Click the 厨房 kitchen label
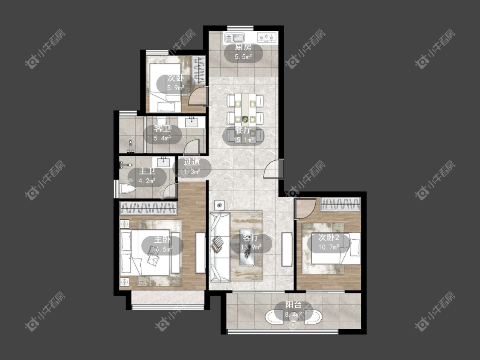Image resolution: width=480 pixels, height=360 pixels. tap(243, 47)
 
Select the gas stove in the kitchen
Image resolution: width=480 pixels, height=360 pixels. tap(267, 38)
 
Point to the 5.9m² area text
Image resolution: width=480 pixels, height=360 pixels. tap(175, 88)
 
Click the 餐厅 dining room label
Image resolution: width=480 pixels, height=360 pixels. tap(243, 130)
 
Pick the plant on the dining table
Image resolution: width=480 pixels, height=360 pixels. tap(245, 119)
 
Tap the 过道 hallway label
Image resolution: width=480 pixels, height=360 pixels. tap(192, 162)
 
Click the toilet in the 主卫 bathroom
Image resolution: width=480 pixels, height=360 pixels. tap(127, 189)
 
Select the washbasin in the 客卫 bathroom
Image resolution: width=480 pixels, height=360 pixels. tap(192, 122)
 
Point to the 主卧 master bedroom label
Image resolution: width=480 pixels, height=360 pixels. tap(162, 239)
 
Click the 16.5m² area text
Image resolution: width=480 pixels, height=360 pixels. tap(162, 249)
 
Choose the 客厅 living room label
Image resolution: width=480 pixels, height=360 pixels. tap(251, 238)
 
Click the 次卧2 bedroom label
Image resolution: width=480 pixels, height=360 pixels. tap(329, 238)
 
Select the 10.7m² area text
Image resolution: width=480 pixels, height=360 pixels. tap(329, 247)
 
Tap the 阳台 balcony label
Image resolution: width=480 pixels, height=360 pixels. tap(294, 305)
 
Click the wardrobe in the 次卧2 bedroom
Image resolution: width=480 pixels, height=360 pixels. tap(340, 204)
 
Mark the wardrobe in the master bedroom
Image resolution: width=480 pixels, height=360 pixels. tap(148, 208)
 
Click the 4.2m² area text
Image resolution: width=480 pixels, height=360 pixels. tap(147, 180)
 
